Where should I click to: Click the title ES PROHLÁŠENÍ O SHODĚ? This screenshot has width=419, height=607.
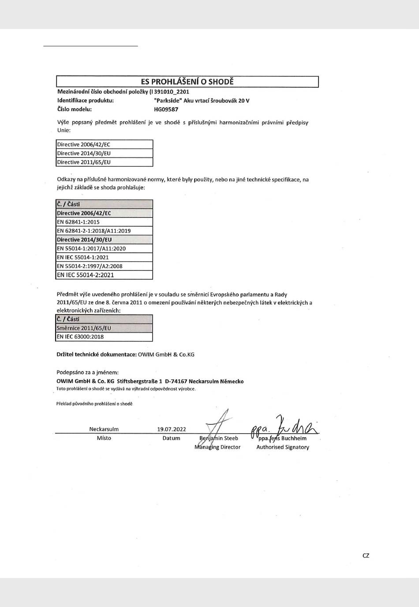(x=187, y=82)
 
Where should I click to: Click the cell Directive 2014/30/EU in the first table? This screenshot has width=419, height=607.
(x=105, y=153)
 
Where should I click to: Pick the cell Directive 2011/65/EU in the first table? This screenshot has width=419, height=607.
(x=105, y=162)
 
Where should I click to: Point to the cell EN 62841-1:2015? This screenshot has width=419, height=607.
(x=105, y=222)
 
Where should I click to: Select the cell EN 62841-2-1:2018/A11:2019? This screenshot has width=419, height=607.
(x=105, y=231)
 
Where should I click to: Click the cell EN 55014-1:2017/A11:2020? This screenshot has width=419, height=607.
(x=105, y=248)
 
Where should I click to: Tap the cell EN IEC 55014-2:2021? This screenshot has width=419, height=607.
(x=105, y=275)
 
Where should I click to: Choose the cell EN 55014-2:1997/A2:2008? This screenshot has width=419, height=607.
(x=105, y=266)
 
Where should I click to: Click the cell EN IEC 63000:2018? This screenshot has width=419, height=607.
(x=105, y=337)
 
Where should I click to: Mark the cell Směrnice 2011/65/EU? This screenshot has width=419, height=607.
(x=105, y=328)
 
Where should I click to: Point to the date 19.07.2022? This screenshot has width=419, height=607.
(x=172, y=429)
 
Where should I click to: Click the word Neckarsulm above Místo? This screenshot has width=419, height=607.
(x=104, y=429)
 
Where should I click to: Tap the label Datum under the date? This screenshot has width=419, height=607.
(x=171, y=438)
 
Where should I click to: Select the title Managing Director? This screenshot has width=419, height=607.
(x=217, y=447)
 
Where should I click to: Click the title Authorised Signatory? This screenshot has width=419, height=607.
(x=283, y=447)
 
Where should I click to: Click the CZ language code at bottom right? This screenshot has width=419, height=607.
(x=366, y=555)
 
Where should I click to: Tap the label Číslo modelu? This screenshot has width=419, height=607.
(x=75, y=109)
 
